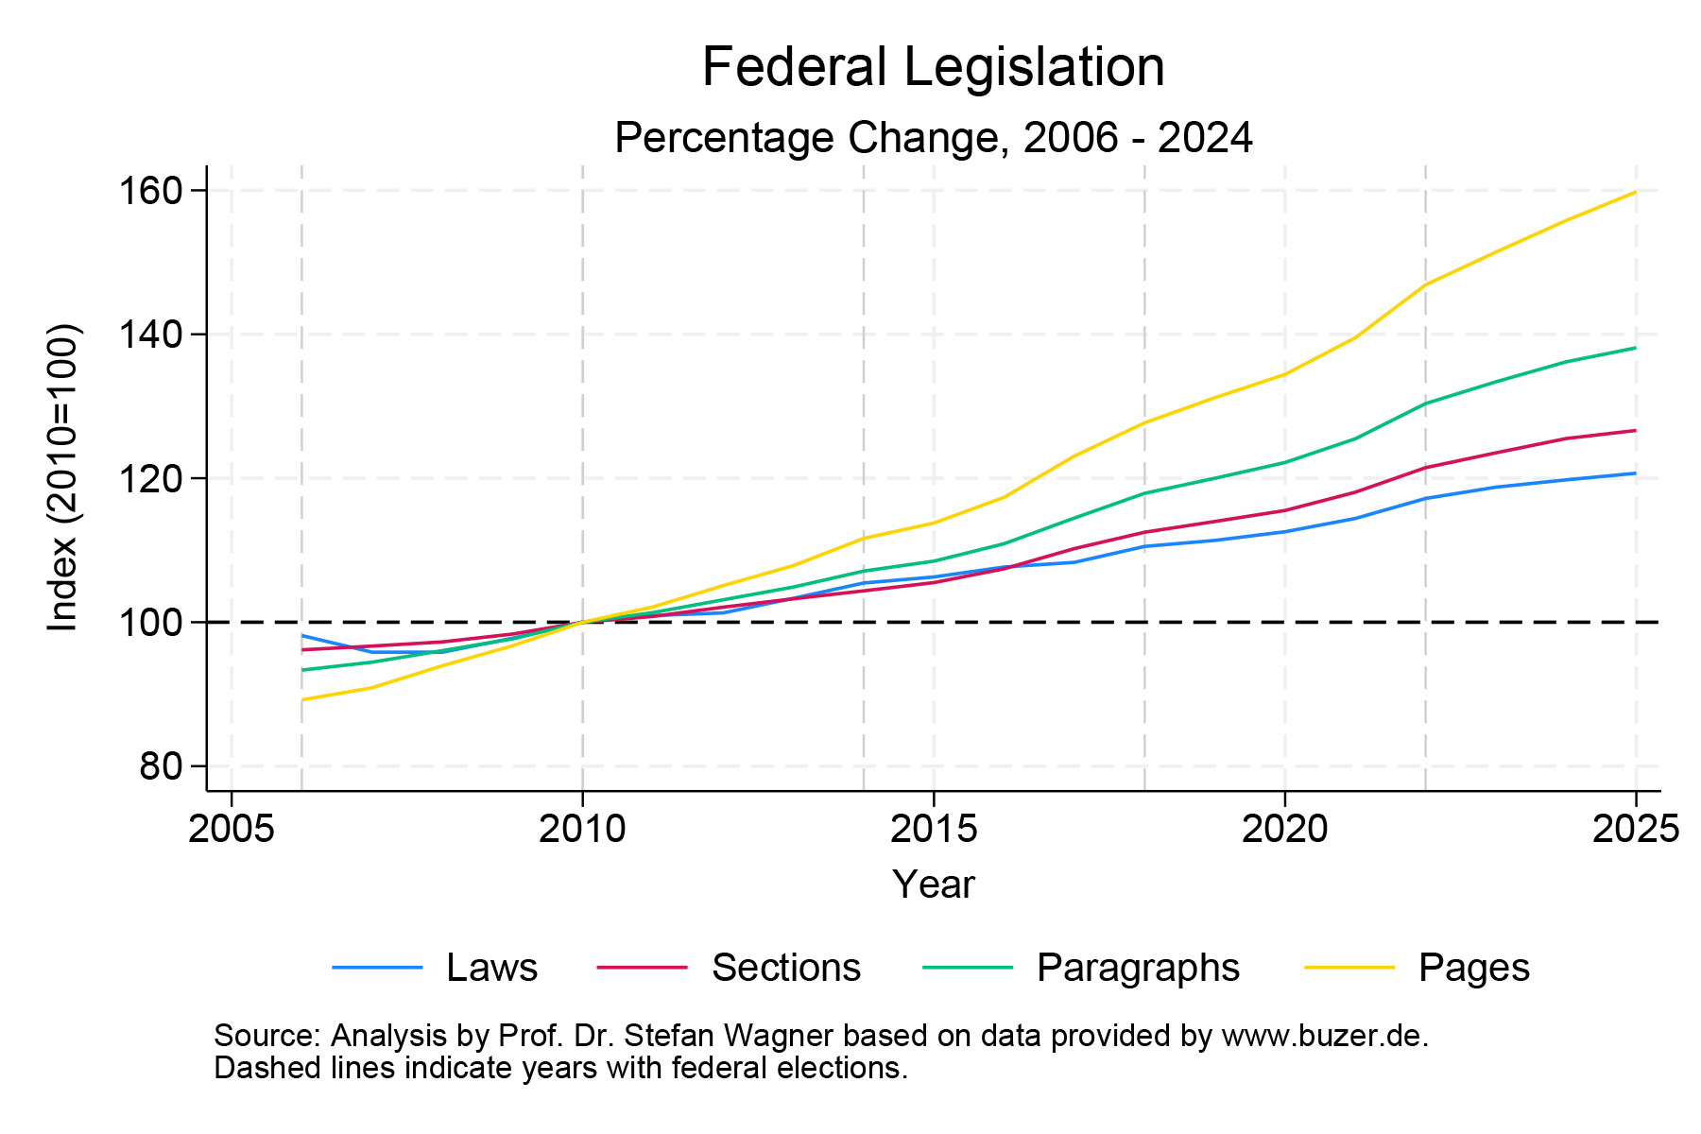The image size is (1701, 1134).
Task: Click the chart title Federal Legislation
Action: [x=933, y=68]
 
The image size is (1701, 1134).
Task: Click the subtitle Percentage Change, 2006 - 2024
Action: [x=933, y=138]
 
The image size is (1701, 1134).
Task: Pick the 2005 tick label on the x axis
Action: [x=232, y=830]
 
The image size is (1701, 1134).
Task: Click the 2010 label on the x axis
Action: [x=582, y=830]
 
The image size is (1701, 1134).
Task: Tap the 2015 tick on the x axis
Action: [x=934, y=830]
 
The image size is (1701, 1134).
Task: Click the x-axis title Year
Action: [x=933, y=885]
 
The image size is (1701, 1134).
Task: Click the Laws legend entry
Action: [x=491, y=968]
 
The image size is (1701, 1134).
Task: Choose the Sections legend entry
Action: [x=785, y=968]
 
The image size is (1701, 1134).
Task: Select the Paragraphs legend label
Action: [x=1138, y=968]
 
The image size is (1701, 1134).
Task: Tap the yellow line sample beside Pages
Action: [x=1349, y=968]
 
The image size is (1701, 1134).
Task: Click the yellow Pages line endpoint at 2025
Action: [x=1635, y=193]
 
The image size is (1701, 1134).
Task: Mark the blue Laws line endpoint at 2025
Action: [x=1635, y=473]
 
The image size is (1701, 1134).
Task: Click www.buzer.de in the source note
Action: [x=1324, y=1036]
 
